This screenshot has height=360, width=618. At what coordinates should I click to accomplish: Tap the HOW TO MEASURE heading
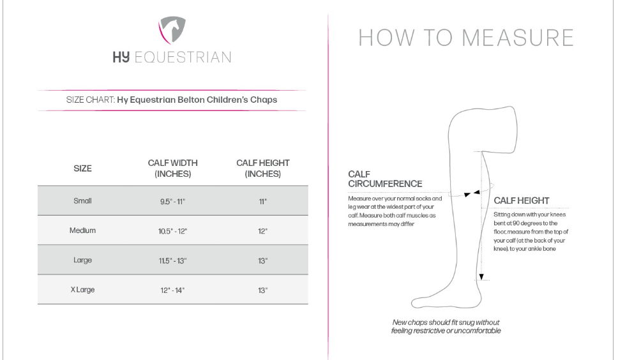pyautogui.click(x=465, y=38)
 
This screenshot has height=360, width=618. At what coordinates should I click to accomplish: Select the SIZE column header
pyautogui.click(x=82, y=169)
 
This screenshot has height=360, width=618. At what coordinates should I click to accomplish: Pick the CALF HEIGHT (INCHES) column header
pyautogui.click(x=262, y=169)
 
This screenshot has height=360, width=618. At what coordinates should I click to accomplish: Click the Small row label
pyautogui.click(x=82, y=201)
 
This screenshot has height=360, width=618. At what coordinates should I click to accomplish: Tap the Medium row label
pyautogui.click(x=82, y=230)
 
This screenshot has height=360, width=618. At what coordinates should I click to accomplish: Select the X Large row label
pyautogui.click(x=82, y=290)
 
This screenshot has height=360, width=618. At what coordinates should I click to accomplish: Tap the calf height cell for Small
pyautogui.click(x=262, y=202)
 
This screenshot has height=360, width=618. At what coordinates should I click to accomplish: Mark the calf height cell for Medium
pyautogui.click(x=262, y=231)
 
